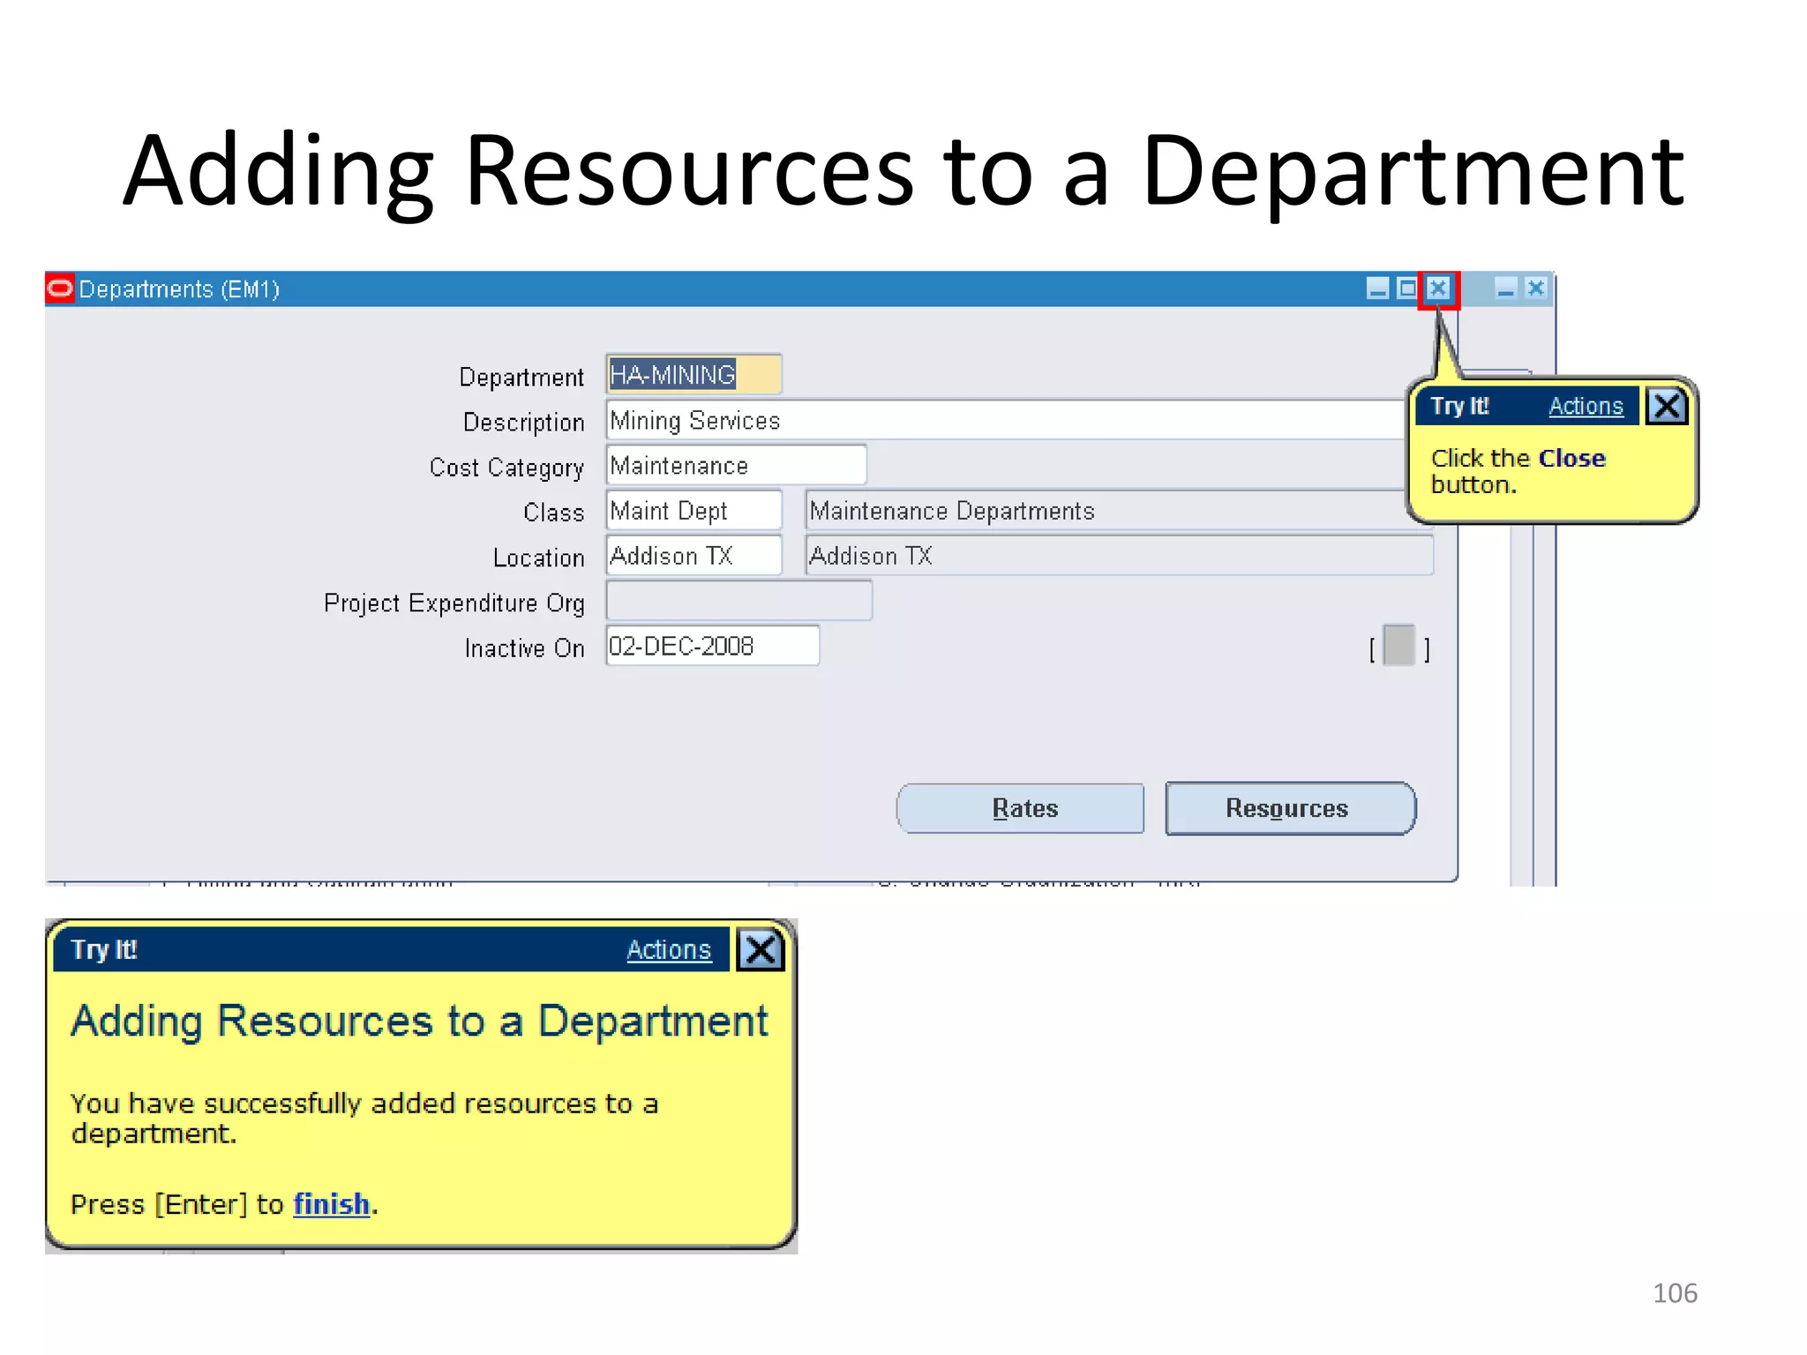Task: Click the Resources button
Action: pyautogui.click(x=1289, y=808)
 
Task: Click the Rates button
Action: pyautogui.click(x=1021, y=808)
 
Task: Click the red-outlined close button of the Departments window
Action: pyautogui.click(x=1438, y=288)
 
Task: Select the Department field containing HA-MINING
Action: pyautogui.click(x=694, y=375)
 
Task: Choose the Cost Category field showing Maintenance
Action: pyautogui.click(x=736, y=465)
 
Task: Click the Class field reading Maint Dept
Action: pyautogui.click(x=694, y=511)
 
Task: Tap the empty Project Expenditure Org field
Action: pyautogui.click(x=739, y=602)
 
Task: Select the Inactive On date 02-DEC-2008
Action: pyautogui.click(x=711, y=646)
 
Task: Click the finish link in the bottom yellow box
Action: pyautogui.click(x=331, y=1204)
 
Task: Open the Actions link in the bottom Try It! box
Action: pyautogui.click(x=668, y=950)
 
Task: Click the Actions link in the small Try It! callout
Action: pyautogui.click(x=1586, y=406)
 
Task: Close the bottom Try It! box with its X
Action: pyautogui.click(x=761, y=950)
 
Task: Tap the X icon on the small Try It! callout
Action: pyautogui.click(x=1667, y=406)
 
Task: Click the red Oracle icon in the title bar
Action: pyautogui.click(x=60, y=288)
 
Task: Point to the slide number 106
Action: pyautogui.click(x=1674, y=1293)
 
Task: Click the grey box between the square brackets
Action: pyautogui.click(x=1398, y=646)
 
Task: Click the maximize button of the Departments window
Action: pyautogui.click(x=1407, y=288)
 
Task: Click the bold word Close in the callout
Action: pyautogui.click(x=1571, y=459)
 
